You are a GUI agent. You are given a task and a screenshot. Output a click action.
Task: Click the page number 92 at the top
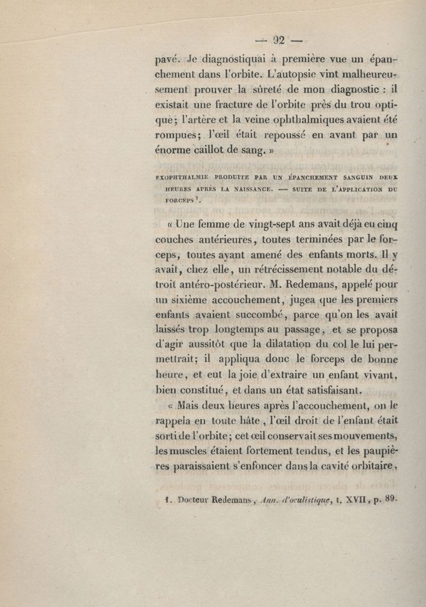pyautogui.click(x=279, y=41)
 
